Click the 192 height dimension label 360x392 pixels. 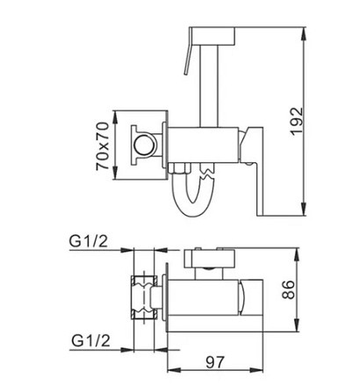click(x=298, y=121)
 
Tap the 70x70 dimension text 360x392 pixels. click(x=103, y=146)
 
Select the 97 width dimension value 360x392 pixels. click(x=215, y=362)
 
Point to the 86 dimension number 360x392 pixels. click(x=289, y=289)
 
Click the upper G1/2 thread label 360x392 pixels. click(x=89, y=241)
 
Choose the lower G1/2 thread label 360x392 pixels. click(x=90, y=340)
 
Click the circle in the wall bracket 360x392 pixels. click(x=144, y=146)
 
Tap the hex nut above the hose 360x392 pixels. click(x=180, y=168)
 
